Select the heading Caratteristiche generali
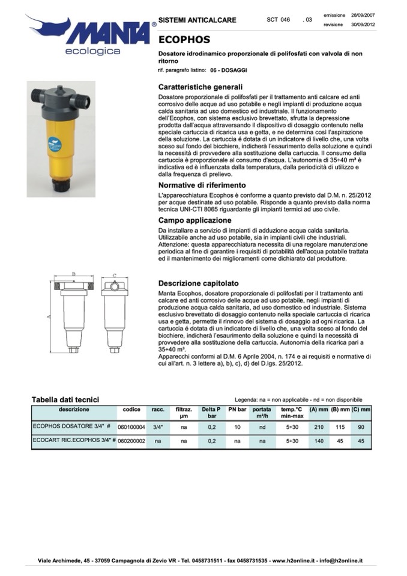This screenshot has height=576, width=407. tap(200, 87)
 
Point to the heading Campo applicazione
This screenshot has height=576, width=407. tap(194, 220)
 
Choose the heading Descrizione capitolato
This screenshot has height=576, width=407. tap(198, 283)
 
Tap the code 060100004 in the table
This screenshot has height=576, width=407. tap(131, 427)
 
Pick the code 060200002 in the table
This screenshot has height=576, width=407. tap(131, 440)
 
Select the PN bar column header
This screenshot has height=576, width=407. tap(238, 409)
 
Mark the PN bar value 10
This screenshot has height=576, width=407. tap(238, 427)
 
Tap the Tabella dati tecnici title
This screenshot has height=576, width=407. tap(65, 399)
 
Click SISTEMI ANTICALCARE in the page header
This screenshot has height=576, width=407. tap(197, 20)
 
